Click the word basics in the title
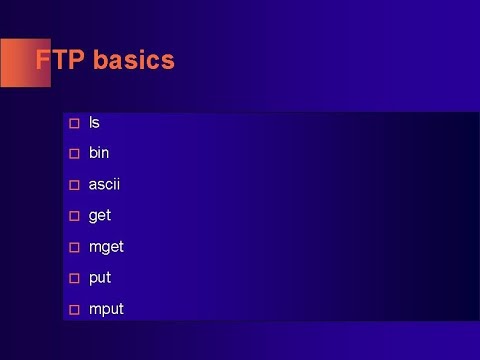coord(134,60)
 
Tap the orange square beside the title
coord(20,62)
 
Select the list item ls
coord(94,123)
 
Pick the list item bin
coord(99,153)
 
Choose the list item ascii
coord(104,184)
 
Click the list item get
coord(100,216)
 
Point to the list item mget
coord(106,247)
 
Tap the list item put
coord(100,278)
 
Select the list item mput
coord(106,309)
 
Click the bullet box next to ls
coord(73,123)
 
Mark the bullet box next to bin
coord(73,154)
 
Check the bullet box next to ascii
coord(73,185)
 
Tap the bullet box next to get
coord(73,216)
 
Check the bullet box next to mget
coord(73,247)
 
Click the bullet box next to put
coord(73,278)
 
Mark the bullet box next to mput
coord(73,309)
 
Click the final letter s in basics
coord(168,61)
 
